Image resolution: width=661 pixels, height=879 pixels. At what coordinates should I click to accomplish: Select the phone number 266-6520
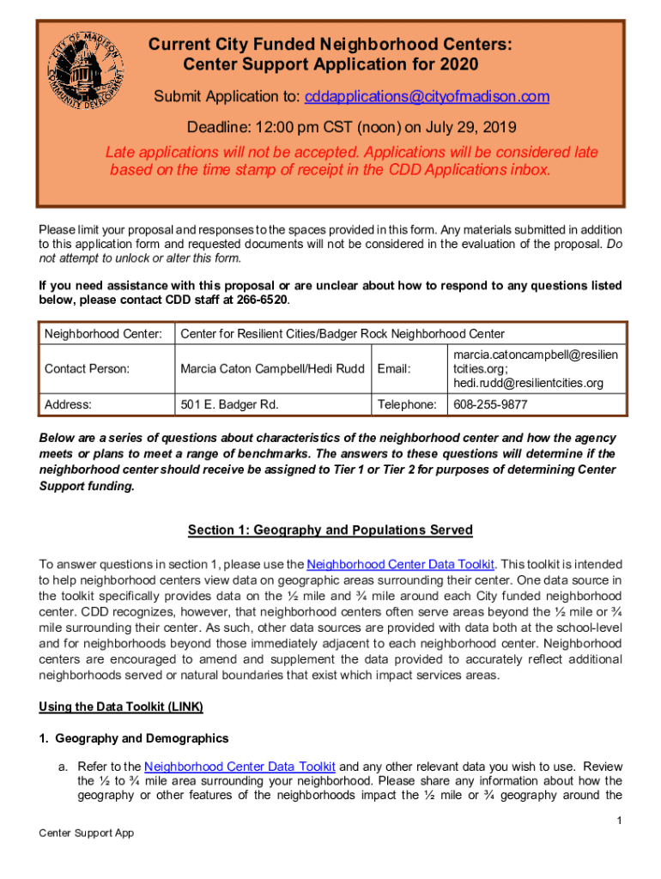(261, 300)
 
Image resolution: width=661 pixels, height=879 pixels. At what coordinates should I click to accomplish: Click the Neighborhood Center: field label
(103, 333)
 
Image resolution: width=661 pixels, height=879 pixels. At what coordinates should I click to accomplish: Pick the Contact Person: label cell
(87, 368)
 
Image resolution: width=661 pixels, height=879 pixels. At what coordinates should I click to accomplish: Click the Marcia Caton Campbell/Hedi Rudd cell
(272, 368)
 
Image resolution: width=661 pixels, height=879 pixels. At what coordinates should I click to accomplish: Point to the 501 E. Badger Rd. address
(229, 403)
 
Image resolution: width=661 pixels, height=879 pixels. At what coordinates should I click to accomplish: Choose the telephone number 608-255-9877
(490, 403)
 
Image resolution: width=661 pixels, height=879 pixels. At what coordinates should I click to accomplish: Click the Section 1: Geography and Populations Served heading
(330, 530)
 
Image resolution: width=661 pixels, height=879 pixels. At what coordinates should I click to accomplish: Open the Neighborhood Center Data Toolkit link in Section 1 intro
(400, 564)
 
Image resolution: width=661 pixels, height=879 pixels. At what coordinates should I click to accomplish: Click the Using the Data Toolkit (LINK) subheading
(121, 707)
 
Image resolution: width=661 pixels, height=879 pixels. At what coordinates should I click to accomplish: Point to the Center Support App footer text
(87, 833)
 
